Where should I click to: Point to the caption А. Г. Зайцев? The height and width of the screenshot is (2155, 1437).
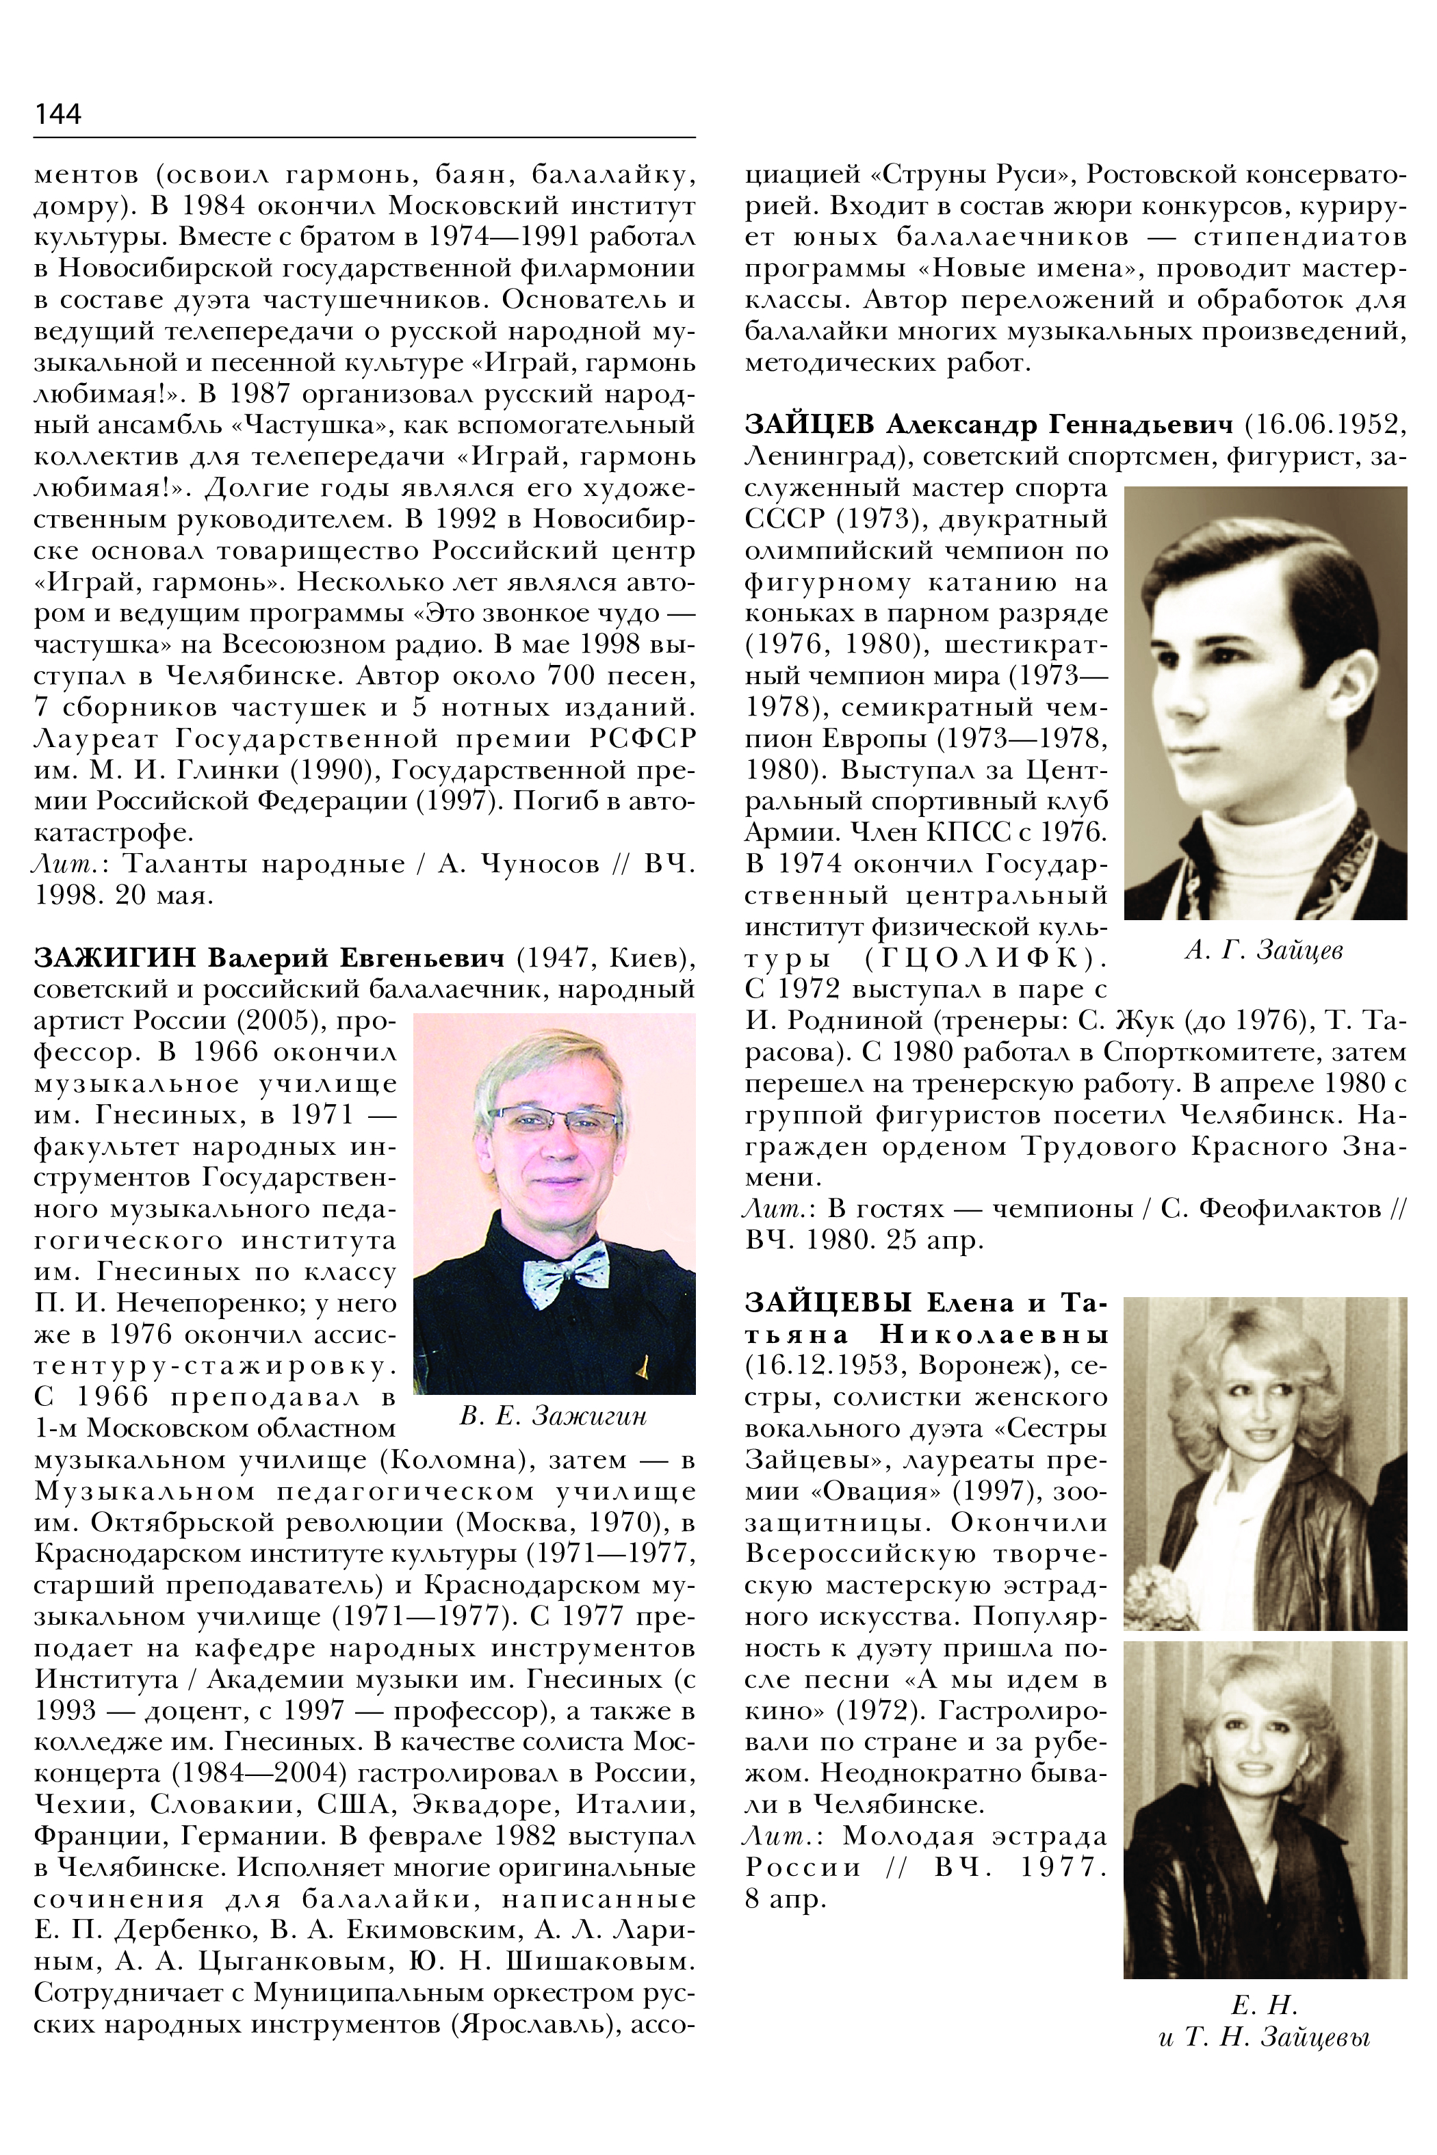tap(1264, 950)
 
